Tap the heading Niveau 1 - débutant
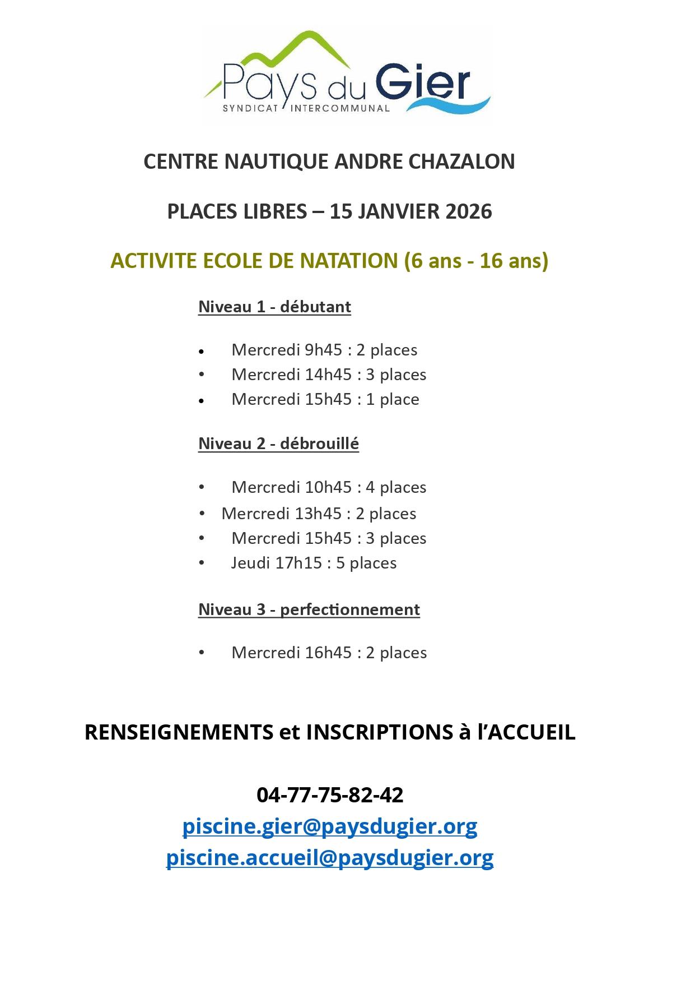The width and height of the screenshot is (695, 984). pos(274,307)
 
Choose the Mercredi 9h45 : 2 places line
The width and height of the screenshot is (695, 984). pos(324,350)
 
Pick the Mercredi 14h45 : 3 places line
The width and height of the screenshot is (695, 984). pos(329,375)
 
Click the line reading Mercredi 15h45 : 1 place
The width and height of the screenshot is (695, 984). pos(325,399)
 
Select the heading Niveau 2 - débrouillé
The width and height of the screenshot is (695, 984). pos(278,444)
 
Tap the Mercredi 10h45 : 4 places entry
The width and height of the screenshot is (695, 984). pos(329,487)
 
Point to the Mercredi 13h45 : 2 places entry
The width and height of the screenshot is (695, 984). pos(319,514)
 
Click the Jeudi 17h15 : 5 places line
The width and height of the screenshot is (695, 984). pos(314,563)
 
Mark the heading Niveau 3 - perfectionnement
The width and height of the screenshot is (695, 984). pos(309,609)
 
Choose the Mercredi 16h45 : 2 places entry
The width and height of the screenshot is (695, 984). pos(329,653)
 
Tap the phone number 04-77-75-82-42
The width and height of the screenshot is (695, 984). pos(330,795)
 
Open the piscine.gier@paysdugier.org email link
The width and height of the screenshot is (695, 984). pos(330,826)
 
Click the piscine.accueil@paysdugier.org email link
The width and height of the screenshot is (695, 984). pos(330,858)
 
